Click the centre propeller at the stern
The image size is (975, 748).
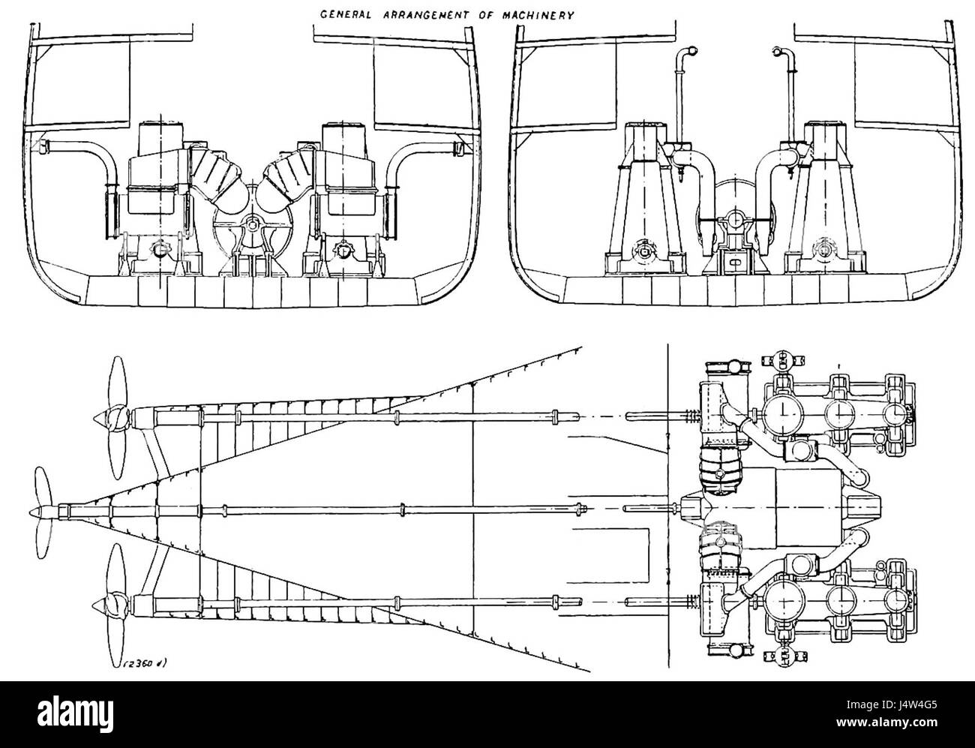40,511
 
